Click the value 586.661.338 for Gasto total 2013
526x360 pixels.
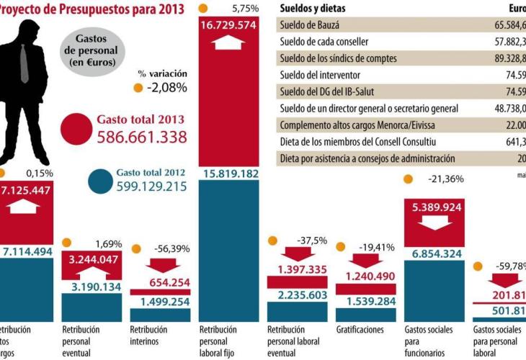pyautogui.click(x=141, y=137)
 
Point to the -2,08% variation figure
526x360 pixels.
pyautogui.click(x=166, y=88)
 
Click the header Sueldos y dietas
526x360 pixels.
pyautogui.click(x=312, y=9)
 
